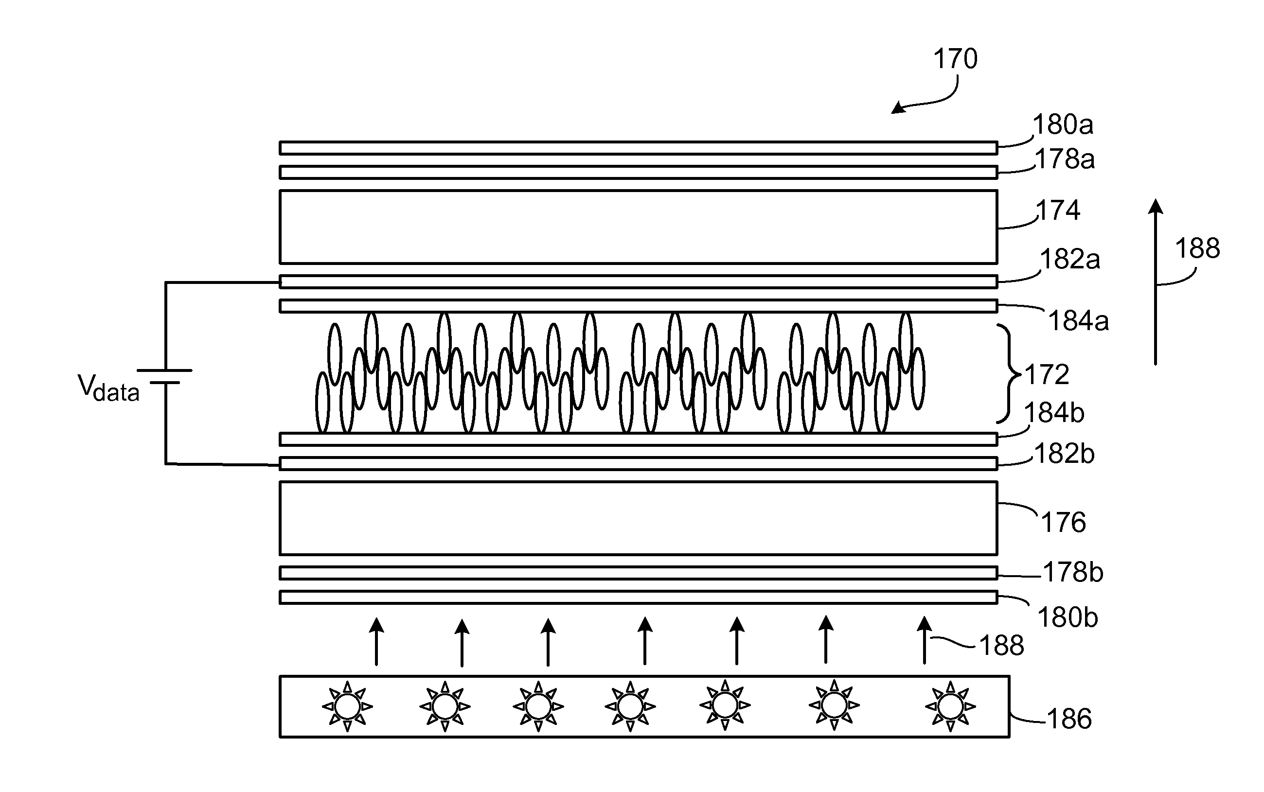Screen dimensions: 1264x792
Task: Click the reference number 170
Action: pos(956,59)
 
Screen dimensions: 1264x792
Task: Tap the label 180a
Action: pos(1063,124)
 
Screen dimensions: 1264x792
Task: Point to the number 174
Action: pos(1058,211)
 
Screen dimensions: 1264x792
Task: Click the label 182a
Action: pos(1070,259)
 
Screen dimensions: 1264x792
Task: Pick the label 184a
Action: pos(1079,320)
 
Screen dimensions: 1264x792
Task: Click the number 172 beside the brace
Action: pos(1047,375)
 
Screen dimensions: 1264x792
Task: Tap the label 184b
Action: pos(1054,413)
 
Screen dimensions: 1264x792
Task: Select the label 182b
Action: pos(1065,454)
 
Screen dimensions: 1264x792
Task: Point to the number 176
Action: pos(1063,523)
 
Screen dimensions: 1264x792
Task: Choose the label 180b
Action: pos(1068,618)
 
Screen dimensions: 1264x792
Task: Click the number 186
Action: pos(1069,719)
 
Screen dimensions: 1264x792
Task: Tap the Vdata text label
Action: pos(108,388)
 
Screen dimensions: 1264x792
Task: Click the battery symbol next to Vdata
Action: pos(165,376)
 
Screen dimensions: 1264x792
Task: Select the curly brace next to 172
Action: pos(1009,373)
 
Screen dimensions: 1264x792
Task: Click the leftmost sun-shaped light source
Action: pos(347,706)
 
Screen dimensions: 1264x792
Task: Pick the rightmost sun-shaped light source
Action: pos(950,706)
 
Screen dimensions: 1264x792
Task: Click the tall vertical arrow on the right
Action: pos(1156,282)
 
